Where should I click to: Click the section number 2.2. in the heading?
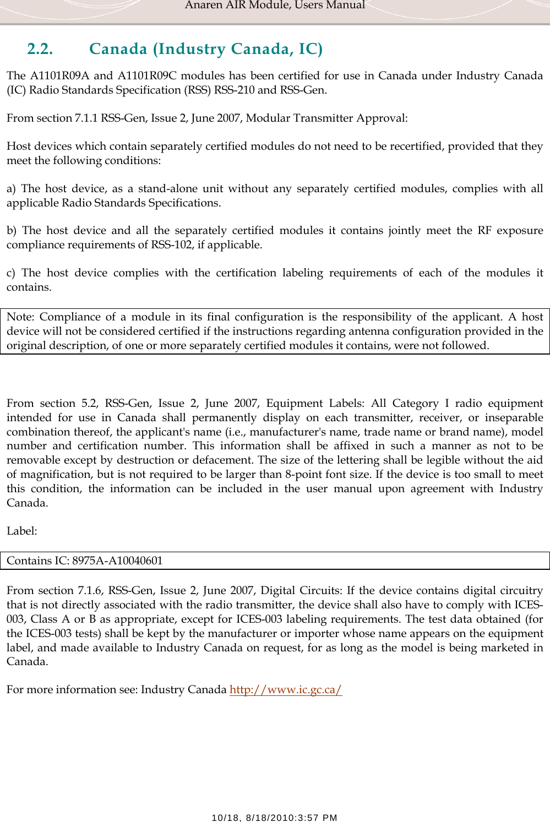coord(40,49)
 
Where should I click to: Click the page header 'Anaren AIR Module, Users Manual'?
coord(275,6)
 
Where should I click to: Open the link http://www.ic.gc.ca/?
coord(285,690)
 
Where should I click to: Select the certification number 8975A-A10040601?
coord(117,560)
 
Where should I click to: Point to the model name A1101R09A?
coord(59,76)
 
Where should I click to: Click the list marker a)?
coord(11,189)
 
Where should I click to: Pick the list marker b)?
coord(12,231)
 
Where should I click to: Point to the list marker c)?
coord(11,273)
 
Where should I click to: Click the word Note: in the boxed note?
coord(20,317)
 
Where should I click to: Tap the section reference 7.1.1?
coord(86,118)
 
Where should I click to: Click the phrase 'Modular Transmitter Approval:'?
coord(326,118)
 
